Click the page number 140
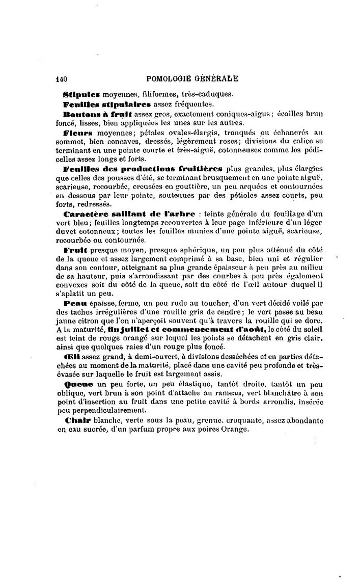click(x=62, y=79)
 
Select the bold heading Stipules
click(x=81, y=94)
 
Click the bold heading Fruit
click(x=76, y=251)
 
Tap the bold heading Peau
click(x=75, y=304)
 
